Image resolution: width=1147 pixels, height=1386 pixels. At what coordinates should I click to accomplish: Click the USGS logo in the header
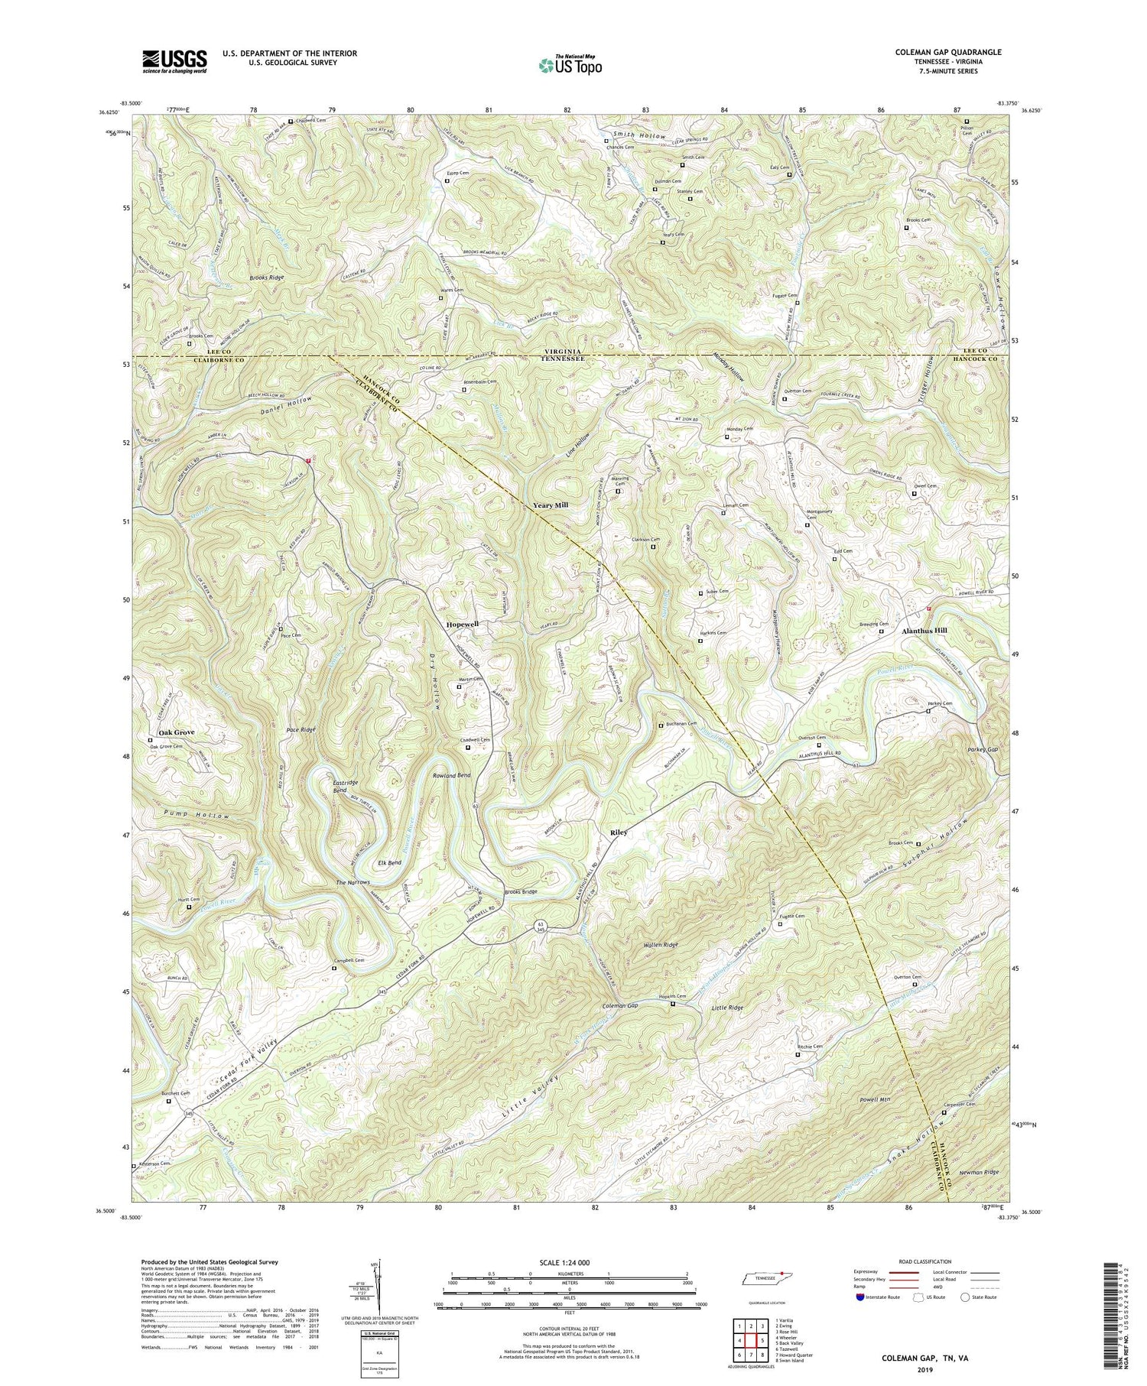[174, 61]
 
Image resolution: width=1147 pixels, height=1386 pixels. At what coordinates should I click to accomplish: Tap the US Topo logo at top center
[569, 64]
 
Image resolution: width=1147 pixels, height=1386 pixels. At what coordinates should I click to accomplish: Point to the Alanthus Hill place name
[924, 631]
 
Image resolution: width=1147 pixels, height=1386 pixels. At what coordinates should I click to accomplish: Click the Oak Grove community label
[176, 732]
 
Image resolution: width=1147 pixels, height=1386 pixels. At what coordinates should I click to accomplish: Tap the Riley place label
[619, 832]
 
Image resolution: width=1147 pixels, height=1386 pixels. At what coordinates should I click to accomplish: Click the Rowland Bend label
[453, 777]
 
